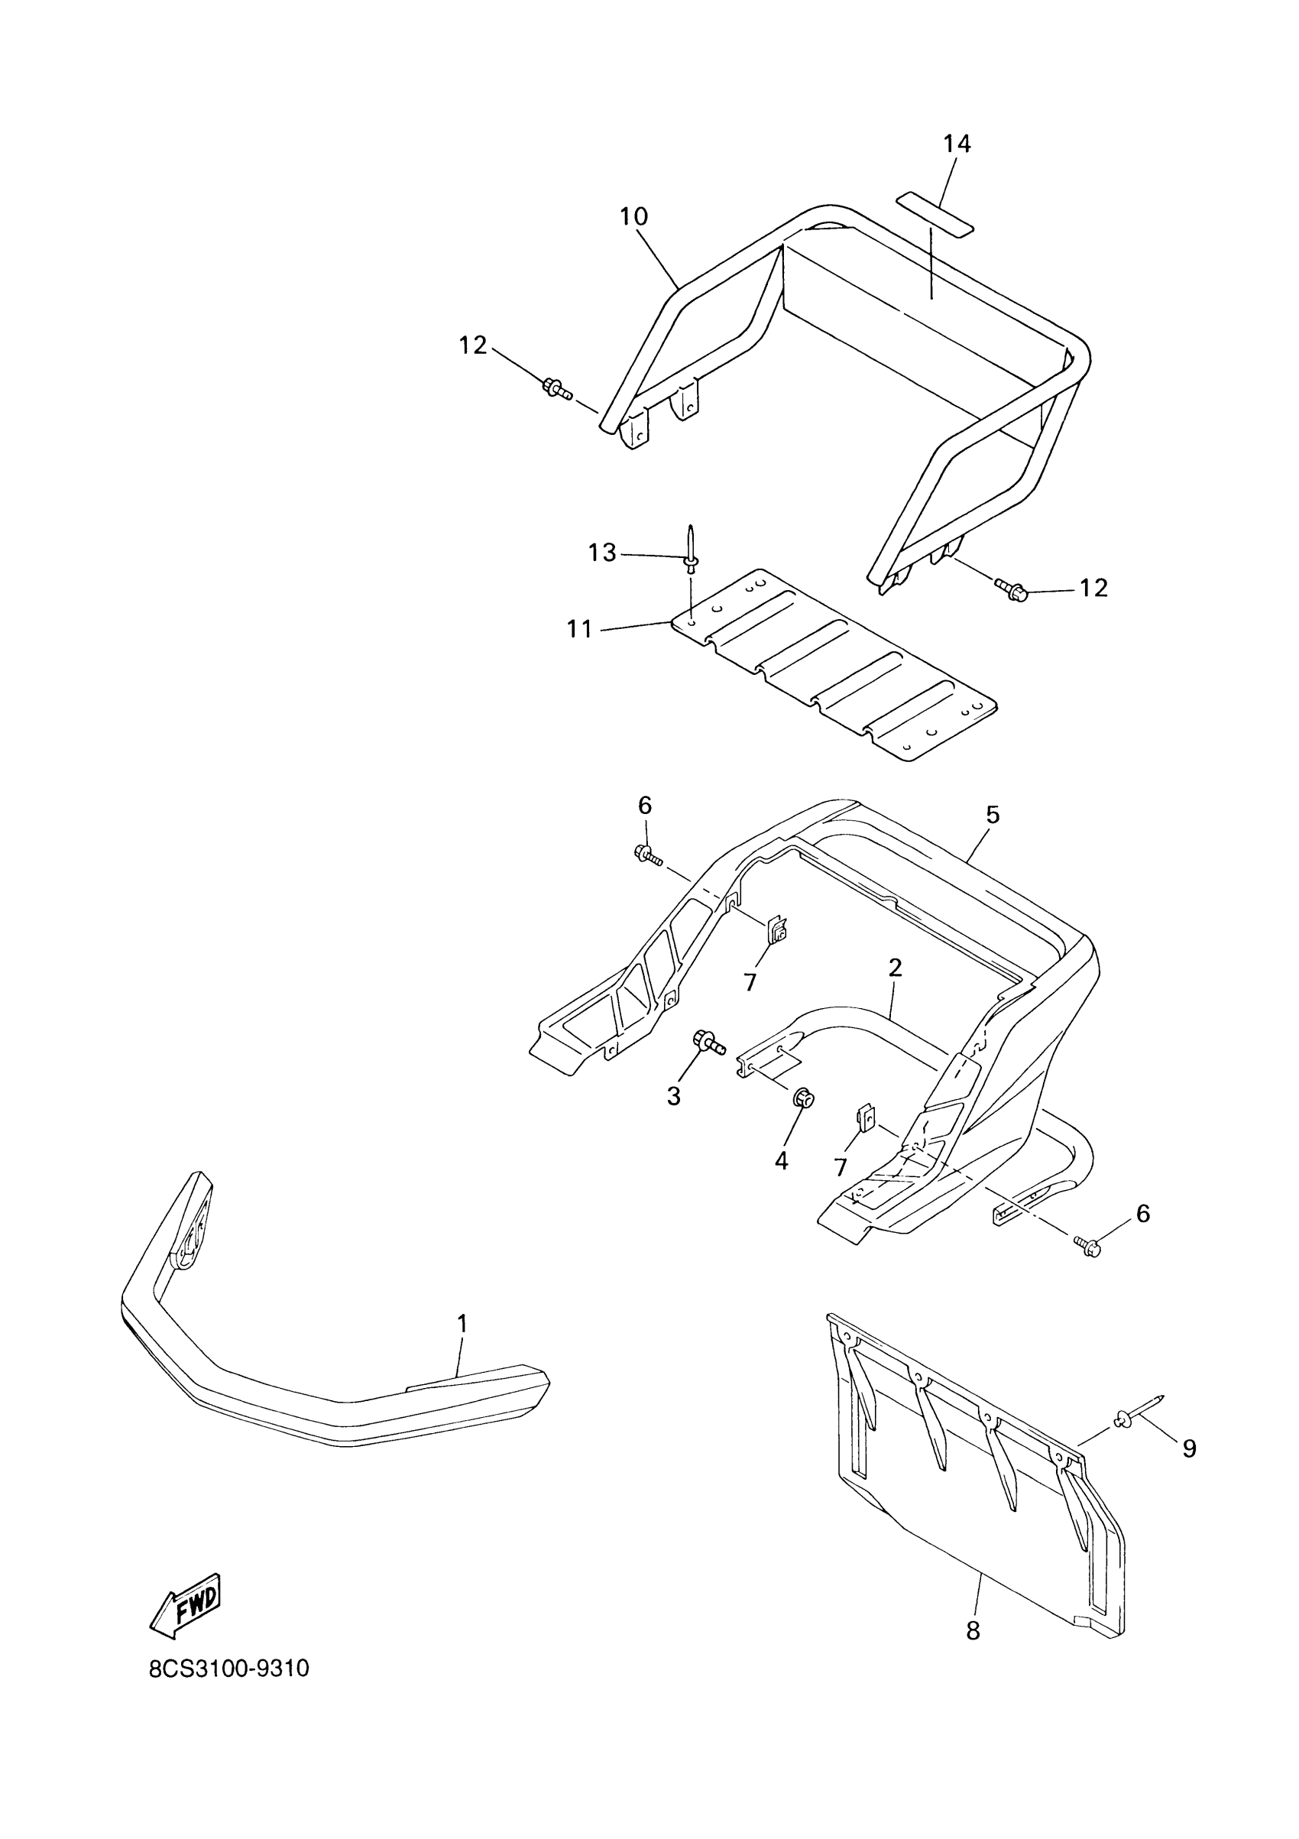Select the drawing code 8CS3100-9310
point(229,1691)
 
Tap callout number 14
point(957,144)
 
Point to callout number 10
point(633,216)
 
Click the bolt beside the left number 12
point(556,389)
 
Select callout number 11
point(579,630)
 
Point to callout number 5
point(993,815)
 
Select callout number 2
point(896,968)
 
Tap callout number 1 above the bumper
point(462,1323)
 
